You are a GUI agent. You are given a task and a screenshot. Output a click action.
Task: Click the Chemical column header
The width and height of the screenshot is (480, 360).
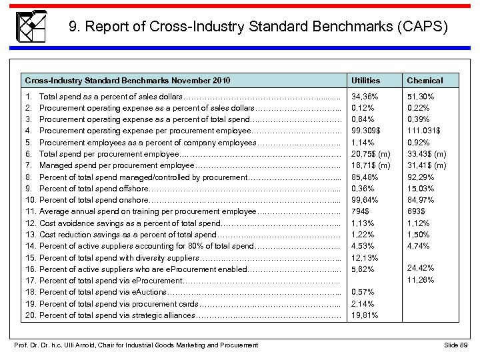click(425, 81)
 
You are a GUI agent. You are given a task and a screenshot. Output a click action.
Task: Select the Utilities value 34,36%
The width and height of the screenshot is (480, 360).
click(363, 97)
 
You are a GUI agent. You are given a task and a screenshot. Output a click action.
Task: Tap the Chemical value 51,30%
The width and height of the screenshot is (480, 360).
click(421, 97)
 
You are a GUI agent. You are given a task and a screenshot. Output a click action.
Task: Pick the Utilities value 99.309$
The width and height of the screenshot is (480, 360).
click(365, 131)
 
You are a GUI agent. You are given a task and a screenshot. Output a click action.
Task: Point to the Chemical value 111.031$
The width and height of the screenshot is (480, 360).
click(424, 131)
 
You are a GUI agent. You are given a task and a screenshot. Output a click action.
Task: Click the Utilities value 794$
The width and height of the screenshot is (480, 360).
click(360, 211)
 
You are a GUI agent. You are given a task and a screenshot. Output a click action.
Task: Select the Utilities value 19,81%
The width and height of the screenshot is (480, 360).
click(363, 315)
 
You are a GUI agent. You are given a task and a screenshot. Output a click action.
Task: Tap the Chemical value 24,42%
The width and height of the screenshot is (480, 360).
click(421, 268)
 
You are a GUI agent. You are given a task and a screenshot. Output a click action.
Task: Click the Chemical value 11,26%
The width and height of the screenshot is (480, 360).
click(421, 280)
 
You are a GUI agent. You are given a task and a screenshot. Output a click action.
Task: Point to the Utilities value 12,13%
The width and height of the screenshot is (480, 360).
click(363, 257)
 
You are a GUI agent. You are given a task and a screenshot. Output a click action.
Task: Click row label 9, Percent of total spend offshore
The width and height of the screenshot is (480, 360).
click(93, 189)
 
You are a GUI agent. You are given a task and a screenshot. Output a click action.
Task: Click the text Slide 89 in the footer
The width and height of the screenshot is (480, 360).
click(455, 345)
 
